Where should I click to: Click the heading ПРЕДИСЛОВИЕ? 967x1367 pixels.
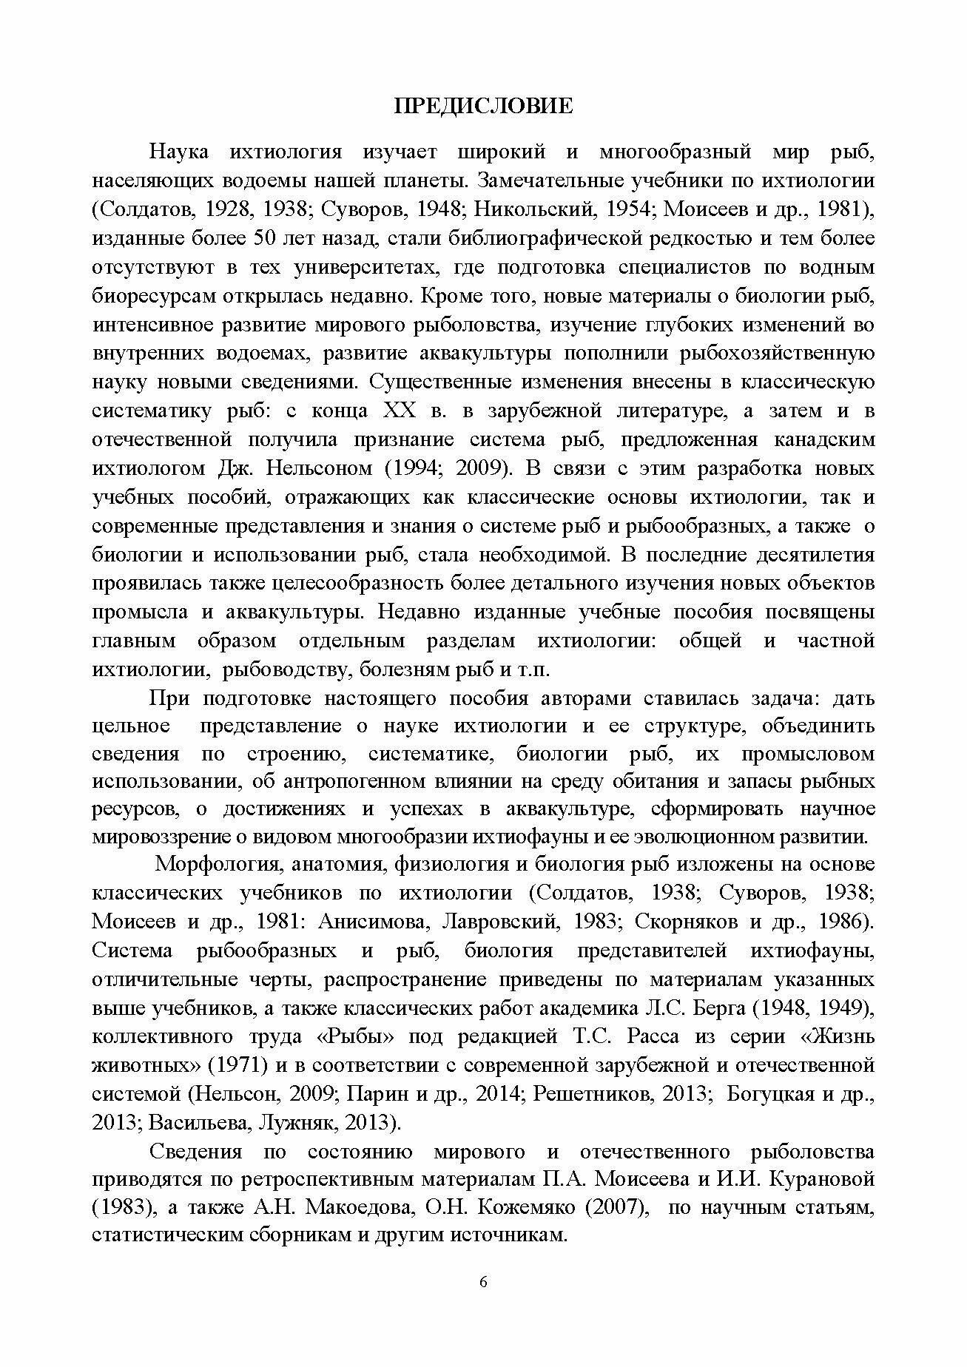coord(483,107)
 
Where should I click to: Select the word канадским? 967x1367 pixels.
coord(823,440)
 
